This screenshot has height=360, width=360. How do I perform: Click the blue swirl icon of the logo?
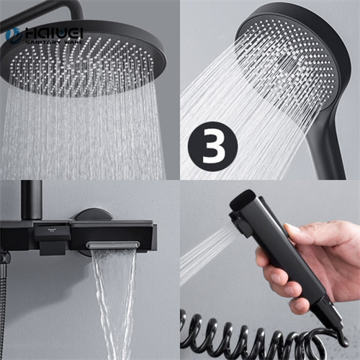click(12, 34)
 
